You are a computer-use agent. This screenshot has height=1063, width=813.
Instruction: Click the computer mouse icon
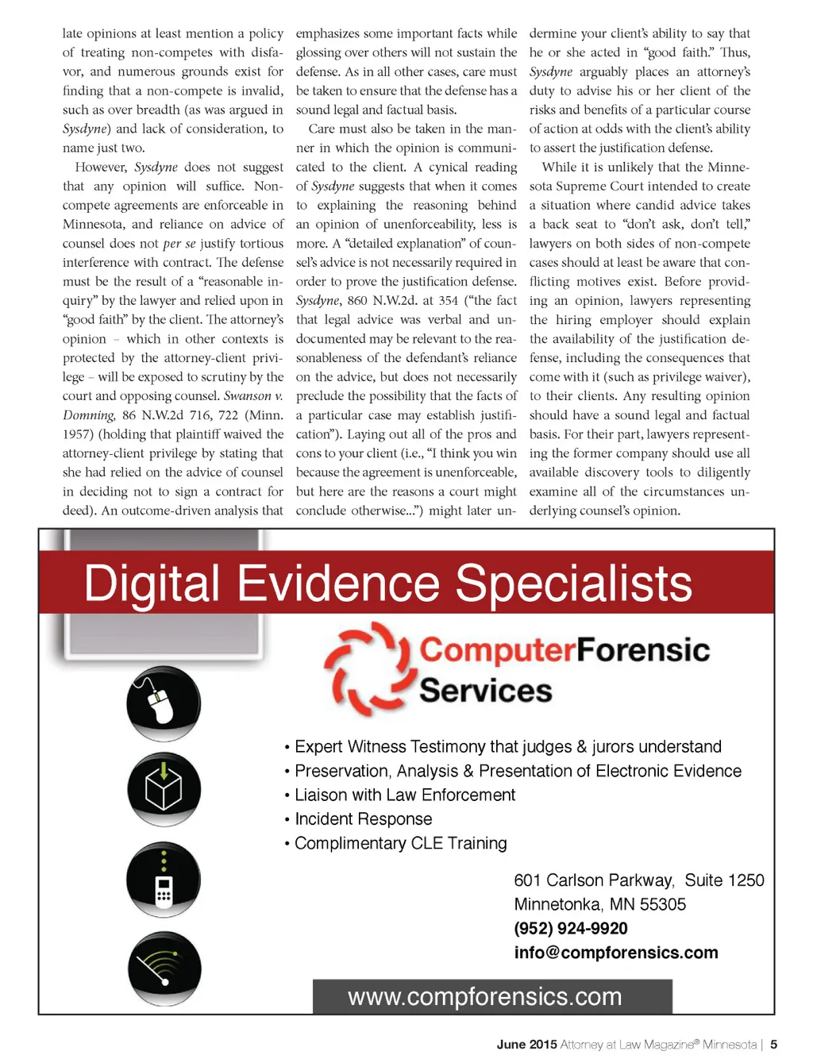click(x=163, y=704)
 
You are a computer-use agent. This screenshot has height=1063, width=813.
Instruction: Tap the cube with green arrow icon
click(x=164, y=789)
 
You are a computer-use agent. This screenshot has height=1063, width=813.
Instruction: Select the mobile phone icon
click(x=164, y=880)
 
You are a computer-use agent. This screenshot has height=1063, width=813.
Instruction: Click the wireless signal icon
click(x=164, y=969)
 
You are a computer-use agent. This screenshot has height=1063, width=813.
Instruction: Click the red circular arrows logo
click(x=368, y=669)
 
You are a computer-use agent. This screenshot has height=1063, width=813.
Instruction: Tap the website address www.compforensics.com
click(x=484, y=996)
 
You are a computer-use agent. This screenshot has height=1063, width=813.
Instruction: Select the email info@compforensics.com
click(x=615, y=953)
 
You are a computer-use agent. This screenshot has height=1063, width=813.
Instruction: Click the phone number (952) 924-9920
click(x=570, y=928)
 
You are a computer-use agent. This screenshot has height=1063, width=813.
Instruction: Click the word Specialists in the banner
click(x=573, y=583)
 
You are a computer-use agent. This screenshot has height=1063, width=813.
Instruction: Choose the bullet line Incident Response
click(x=363, y=819)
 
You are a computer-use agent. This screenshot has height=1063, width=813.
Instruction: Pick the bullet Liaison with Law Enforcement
click(x=404, y=795)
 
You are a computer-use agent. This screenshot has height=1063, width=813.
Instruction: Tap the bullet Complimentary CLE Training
click(x=400, y=843)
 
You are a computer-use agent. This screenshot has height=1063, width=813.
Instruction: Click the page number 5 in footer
click(x=773, y=1045)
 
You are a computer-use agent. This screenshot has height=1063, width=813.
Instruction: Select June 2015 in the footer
click(x=526, y=1045)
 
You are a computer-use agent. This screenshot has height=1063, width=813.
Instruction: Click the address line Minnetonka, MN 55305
click(x=599, y=904)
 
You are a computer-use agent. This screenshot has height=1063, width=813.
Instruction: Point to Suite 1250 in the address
click(x=724, y=880)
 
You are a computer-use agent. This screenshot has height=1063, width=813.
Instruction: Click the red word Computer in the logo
click(x=497, y=650)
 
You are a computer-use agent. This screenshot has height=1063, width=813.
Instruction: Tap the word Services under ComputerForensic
click(x=485, y=691)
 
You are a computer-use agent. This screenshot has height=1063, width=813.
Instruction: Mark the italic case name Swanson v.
click(x=253, y=396)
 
